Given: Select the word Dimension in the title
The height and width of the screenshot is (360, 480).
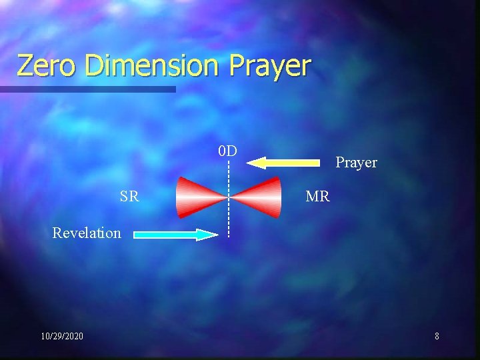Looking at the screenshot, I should [x=153, y=65].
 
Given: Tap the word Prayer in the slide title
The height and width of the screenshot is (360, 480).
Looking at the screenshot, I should [x=270, y=67].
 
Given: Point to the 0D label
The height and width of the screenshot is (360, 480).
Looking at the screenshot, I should [x=227, y=151].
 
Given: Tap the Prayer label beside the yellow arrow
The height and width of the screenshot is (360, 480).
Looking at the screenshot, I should [x=356, y=162].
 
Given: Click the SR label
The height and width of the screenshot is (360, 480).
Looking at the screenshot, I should [x=129, y=197].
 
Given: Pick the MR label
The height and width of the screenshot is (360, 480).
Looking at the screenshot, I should [x=317, y=196].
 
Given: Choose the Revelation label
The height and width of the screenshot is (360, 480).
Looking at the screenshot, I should [x=87, y=233].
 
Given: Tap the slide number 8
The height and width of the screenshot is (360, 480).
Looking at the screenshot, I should [x=437, y=336].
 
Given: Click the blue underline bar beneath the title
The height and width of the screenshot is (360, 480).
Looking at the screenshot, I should [x=87, y=89].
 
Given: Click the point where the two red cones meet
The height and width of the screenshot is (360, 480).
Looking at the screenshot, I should [x=229, y=197].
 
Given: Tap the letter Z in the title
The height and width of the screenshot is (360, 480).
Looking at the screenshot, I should [x=26, y=65].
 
